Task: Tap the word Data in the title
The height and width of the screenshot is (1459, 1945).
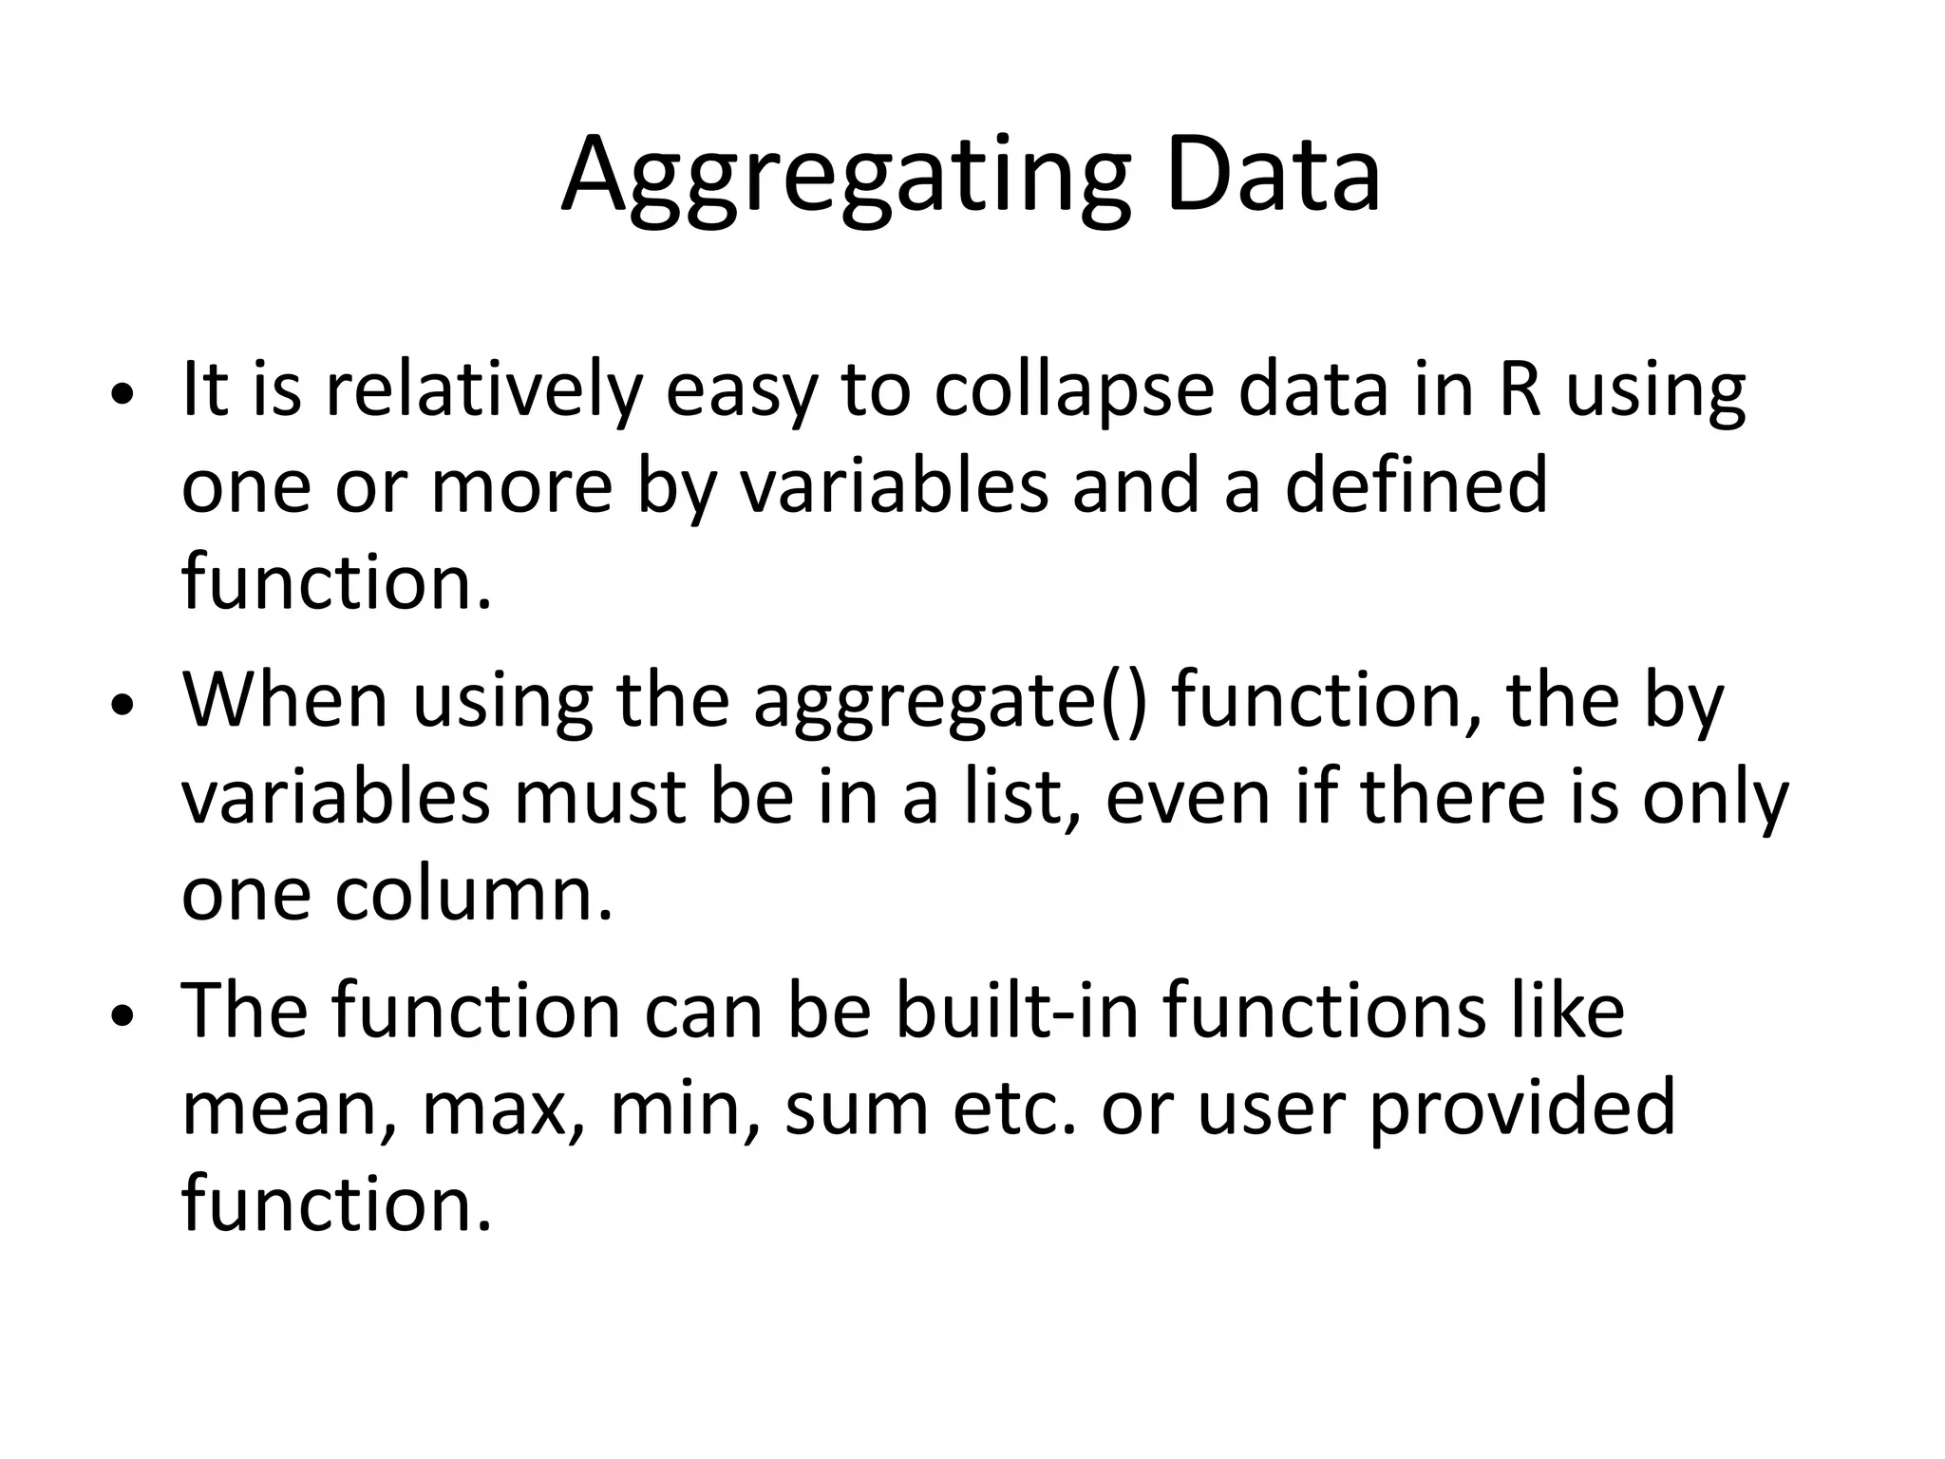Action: click(1273, 176)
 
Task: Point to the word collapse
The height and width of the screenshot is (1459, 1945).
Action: click(1073, 391)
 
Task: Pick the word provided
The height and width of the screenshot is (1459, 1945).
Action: click(1521, 1109)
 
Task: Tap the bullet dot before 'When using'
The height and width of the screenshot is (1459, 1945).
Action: click(123, 707)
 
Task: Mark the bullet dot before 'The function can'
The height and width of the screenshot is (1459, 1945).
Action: click(123, 1017)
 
